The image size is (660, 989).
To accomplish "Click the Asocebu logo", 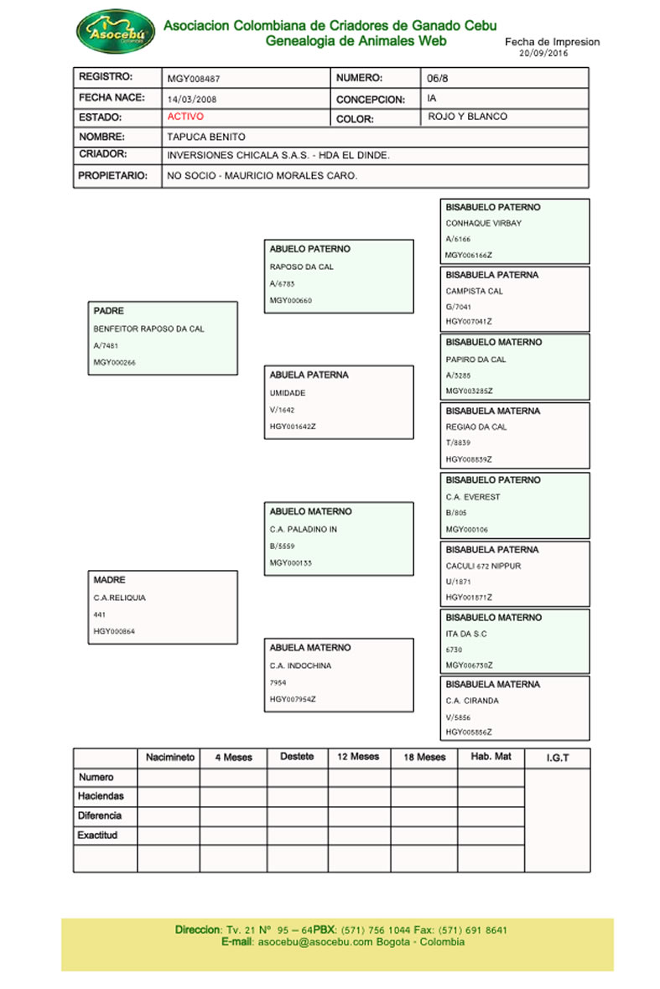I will tap(116, 33).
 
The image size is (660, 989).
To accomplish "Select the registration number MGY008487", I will tap(194, 79).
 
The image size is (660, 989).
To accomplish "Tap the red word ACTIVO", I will tap(185, 117).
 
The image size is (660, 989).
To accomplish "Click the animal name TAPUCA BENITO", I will tap(206, 137).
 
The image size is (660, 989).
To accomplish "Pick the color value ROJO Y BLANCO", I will tap(467, 117).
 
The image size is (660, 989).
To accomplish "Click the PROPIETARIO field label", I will tap(113, 176).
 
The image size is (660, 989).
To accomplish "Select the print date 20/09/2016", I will tap(544, 53).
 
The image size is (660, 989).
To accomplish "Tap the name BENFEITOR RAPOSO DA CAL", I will tap(148, 329).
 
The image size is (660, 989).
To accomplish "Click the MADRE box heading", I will tap(110, 580).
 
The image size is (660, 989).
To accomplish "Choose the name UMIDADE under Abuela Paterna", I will tap(287, 393).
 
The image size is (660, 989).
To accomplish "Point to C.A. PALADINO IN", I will tap(303, 530).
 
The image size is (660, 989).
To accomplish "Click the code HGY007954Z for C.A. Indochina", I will tap(293, 699).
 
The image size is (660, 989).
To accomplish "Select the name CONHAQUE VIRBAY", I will tap(483, 224).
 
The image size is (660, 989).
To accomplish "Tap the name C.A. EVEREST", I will tap(472, 497).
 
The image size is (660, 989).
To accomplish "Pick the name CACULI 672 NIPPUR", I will tap(483, 567).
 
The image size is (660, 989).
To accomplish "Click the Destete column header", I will tap(297, 757).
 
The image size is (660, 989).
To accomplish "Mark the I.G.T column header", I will tap(557, 759).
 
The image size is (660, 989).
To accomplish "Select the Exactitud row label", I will tap(98, 836).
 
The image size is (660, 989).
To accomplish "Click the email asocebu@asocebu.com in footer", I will tap(315, 942).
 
